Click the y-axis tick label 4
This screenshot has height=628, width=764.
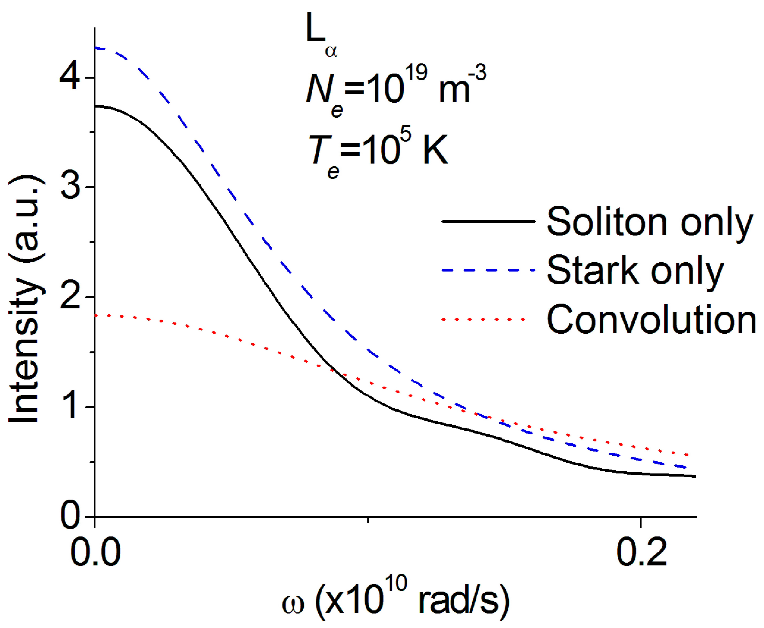click(70, 78)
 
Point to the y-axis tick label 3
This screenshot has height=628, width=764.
click(71, 187)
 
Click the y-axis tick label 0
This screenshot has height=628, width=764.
click(71, 516)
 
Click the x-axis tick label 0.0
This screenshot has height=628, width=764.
click(95, 552)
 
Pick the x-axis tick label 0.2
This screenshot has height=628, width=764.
click(641, 552)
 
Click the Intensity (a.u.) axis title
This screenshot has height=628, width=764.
click(25, 299)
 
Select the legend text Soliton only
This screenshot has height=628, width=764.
click(649, 222)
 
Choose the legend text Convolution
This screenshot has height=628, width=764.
click(651, 320)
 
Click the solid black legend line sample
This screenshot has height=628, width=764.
click(488, 221)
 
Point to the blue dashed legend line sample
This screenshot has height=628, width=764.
click(488, 270)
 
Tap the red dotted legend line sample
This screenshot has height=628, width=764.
click(484, 319)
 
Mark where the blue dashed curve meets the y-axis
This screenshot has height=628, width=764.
click(95, 48)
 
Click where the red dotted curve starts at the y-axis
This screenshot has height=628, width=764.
click(96, 315)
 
